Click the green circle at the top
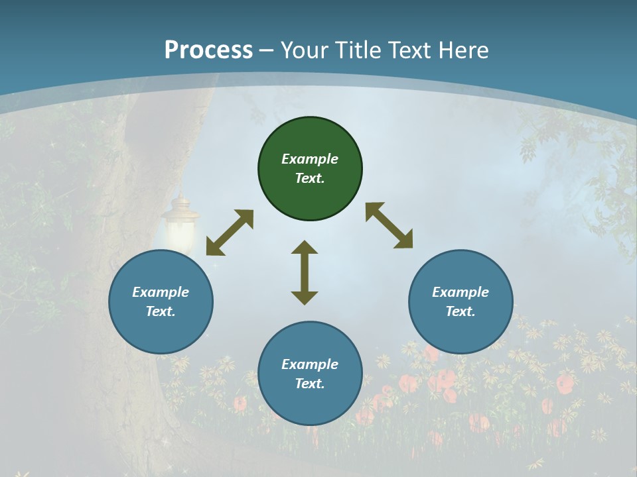coord(310,169)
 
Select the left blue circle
coord(161,301)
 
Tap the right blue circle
coord(460,301)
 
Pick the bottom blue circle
coord(310,373)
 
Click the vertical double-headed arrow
coord(305,272)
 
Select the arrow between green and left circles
coord(230,233)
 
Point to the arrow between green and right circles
coord(389,225)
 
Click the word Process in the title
coord(208,50)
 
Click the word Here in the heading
coord(462,50)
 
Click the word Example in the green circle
coord(310,159)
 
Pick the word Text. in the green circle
coord(310,178)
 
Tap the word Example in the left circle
coord(161,292)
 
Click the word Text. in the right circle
coord(460,311)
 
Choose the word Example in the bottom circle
coord(310,364)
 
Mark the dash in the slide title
coord(267,50)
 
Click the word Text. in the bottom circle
coord(310,384)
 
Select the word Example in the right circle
coord(460,292)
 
